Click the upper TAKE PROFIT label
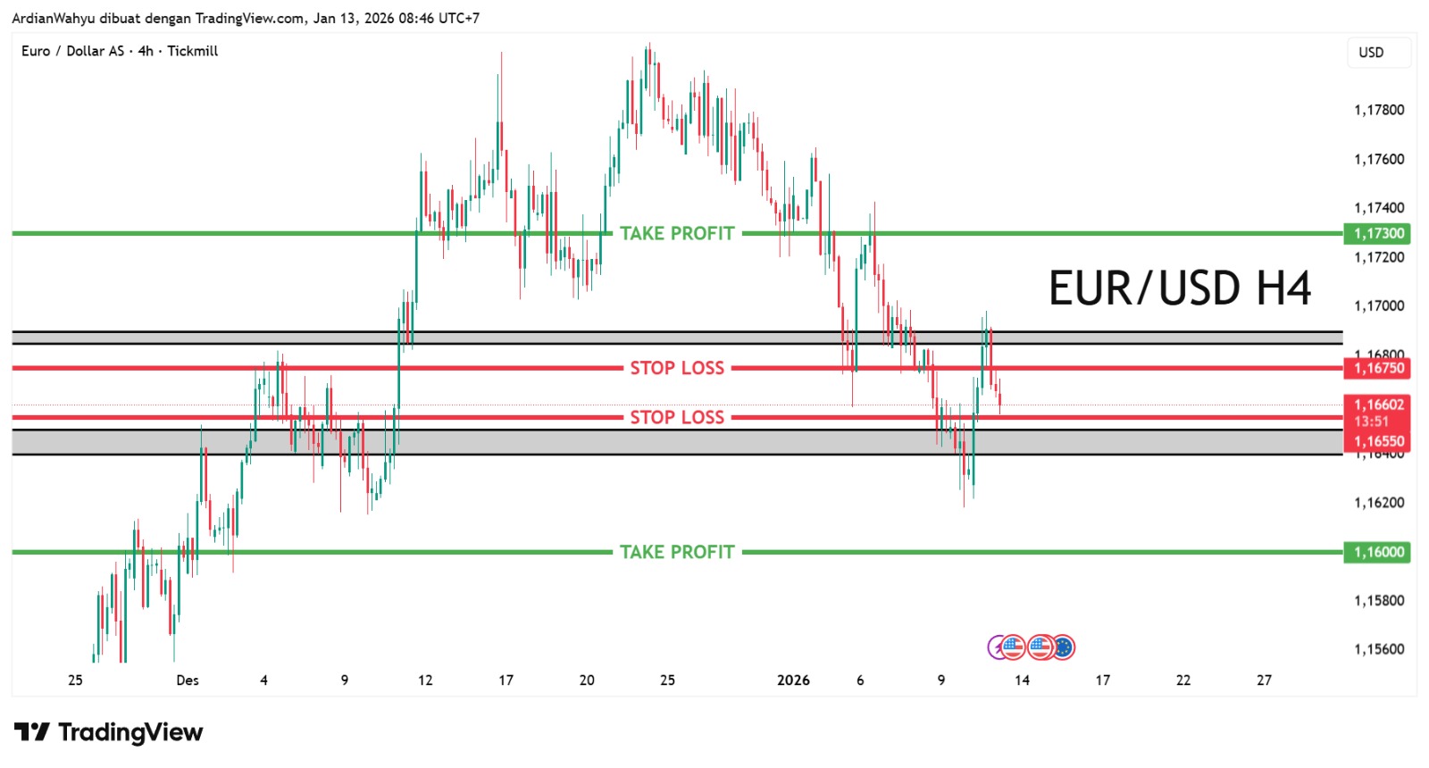[x=677, y=234]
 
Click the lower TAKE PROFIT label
[x=677, y=553]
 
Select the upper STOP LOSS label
[x=677, y=369]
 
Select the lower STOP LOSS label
[x=677, y=418]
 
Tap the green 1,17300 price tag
[x=1378, y=234]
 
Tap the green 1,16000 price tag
[x=1378, y=553]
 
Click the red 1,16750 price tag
[x=1378, y=369]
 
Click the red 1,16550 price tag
[x=1378, y=441]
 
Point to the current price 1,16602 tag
[x=1378, y=405]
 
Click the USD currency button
[x=1371, y=53]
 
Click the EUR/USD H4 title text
[x=1179, y=288]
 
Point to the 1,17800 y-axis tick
[x=1379, y=110]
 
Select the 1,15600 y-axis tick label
[x=1379, y=649]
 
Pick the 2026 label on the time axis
[x=793, y=680]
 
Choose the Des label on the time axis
[x=188, y=680]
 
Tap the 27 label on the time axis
[x=1264, y=680]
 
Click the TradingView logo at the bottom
[x=109, y=733]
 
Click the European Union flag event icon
[x=1063, y=647]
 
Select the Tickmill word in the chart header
[x=193, y=51]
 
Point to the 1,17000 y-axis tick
[x=1379, y=306]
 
